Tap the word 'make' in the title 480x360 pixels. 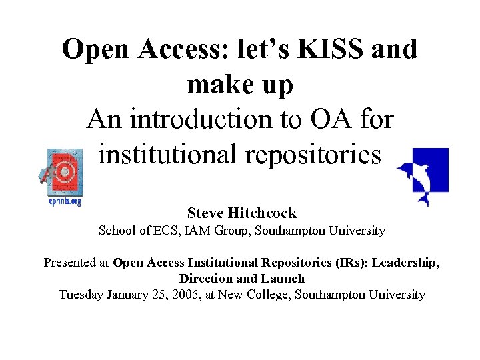coord(216,85)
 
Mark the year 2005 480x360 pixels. coord(205,294)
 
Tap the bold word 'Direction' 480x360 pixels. coord(204,279)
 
